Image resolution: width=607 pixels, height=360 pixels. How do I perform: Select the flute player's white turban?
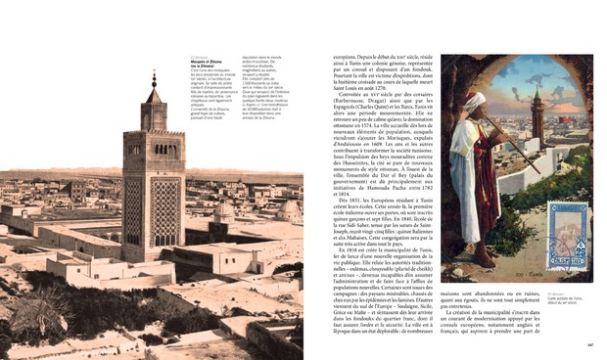coord(473,103)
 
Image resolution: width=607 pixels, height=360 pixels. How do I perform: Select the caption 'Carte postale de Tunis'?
coord(566,297)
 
